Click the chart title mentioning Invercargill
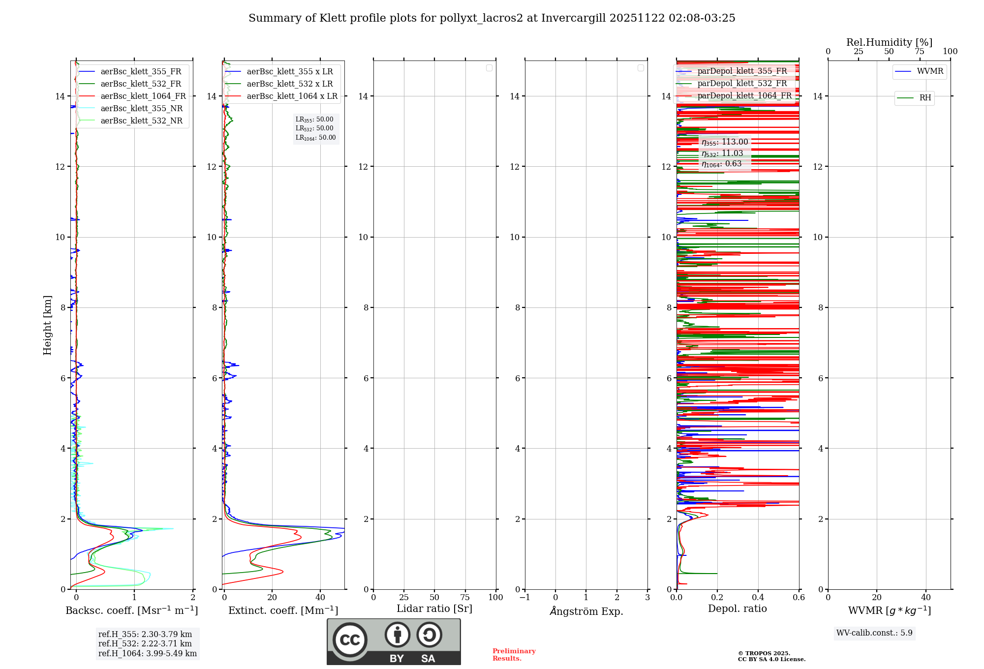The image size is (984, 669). pyautogui.click(x=492, y=18)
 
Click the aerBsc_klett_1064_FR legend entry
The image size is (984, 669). pyautogui.click(x=143, y=96)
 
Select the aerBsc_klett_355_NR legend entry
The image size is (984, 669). pyautogui.click(x=141, y=109)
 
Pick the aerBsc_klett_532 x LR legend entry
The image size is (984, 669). pyautogui.click(x=289, y=84)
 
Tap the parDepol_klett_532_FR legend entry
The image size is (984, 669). pyautogui.click(x=742, y=84)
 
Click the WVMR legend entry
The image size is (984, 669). pyautogui.click(x=930, y=71)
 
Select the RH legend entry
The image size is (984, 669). pyautogui.click(x=925, y=98)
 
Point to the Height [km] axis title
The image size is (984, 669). pyautogui.click(x=47, y=325)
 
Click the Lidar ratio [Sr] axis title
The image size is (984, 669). pyautogui.click(x=434, y=609)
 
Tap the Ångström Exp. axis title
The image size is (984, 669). pyautogui.click(x=586, y=611)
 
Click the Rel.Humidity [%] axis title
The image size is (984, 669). pyautogui.click(x=889, y=42)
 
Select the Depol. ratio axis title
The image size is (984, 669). pyautogui.click(x=737, y=609)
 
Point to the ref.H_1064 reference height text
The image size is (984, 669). pyautogui.click(x=147, y=654)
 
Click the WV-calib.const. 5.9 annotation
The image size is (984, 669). pyautogui.click(x=874, y=633)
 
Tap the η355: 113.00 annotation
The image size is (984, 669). pyautogui.click(x=725, y=142)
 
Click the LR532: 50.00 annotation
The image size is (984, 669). pyautogui.click(x=314, y=128)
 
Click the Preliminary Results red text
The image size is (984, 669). pyautogui.click(x=514, y=655)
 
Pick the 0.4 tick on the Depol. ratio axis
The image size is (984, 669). pyautogui.click(x=758, y=598)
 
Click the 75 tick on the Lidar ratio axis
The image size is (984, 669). pyautogui.click(x=465, y=598)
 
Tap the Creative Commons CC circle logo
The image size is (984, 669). pyautogui.click(x=350, y=640)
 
